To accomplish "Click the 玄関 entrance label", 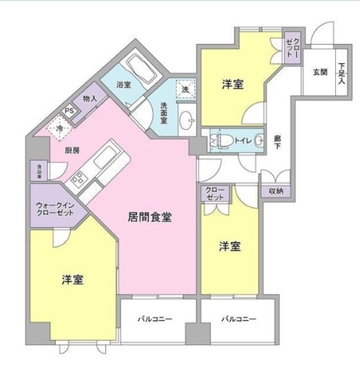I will point(320,72).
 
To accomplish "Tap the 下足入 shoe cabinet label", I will point(342,73).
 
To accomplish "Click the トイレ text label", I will point(241,139).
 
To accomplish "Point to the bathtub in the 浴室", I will point(140,68).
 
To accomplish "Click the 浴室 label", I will point(123,85).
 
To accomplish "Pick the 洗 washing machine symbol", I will point(185,89).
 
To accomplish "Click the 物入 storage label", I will point(90,99).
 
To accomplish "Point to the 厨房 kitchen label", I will point(72,150).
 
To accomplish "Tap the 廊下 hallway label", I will point(277,143).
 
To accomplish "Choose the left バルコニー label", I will point(155,319).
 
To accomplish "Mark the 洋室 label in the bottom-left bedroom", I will point(73,280).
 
